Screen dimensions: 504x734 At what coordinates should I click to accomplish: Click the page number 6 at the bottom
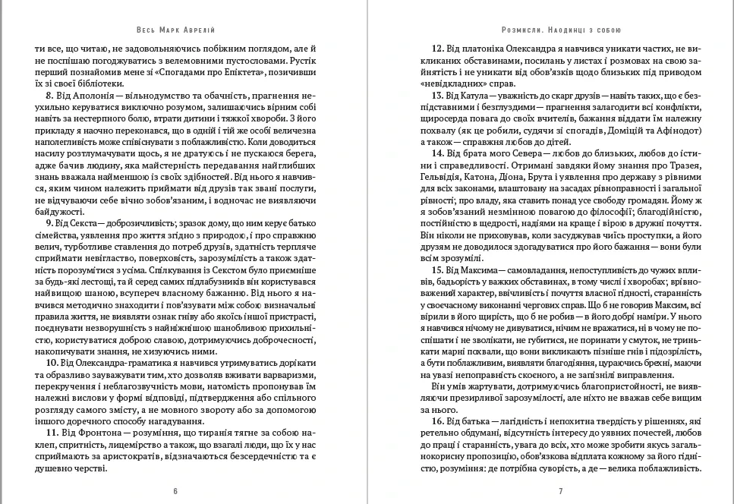click(x=175, y=491)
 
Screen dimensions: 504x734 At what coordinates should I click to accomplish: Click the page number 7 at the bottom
click(x=560, y=491)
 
